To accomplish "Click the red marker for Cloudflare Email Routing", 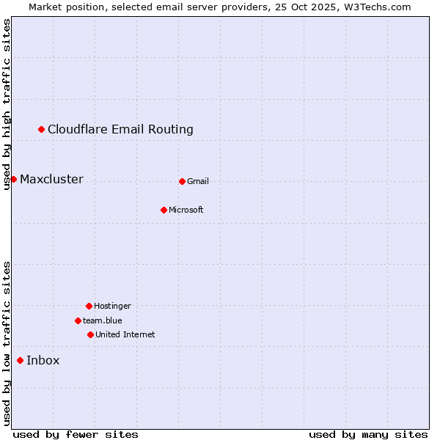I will [42, 130].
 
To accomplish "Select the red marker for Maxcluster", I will [13, 180].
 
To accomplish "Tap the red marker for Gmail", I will [182, 181].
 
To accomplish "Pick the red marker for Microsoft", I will [164, 210].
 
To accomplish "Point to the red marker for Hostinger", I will [89, 306].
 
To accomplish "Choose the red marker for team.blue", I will [78, 320].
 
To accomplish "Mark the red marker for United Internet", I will [90, 334].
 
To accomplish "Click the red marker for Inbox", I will [20, 360].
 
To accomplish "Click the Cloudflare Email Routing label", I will [120, 130].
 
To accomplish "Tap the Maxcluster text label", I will [51, 180].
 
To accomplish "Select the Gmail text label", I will [198, 181].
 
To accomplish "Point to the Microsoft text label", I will [186, 210].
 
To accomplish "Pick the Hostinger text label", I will [112, 306].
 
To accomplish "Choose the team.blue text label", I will [103, 320].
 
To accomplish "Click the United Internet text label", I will [125, 334].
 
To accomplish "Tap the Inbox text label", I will [43, 360].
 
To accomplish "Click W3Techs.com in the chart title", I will [378, 7].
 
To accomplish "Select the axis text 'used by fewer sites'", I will [76, 434].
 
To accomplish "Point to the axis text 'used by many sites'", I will [368, 434].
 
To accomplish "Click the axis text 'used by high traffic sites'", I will [7, 105].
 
